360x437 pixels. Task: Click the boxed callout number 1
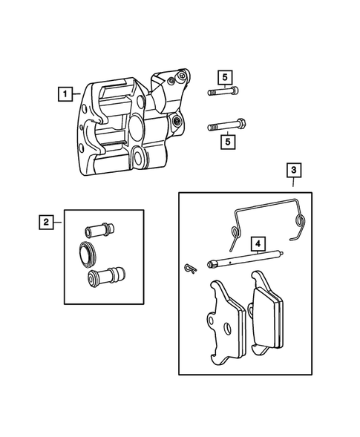tap(67, 94)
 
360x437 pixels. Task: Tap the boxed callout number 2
tap(46, 220)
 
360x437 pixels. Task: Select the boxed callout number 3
tap(294, 171)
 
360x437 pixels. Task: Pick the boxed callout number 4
tap(257, 243)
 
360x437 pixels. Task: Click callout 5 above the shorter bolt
tap(223, 76)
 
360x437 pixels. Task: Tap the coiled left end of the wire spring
tap(234, 236)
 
